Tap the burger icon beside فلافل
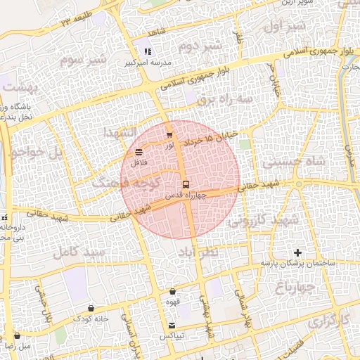pos(139,152)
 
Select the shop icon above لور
pos(169,135)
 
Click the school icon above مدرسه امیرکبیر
pos(148,51)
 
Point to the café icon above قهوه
pos(173,292)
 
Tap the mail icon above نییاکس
pos(173,325)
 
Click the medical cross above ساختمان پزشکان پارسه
pos(297,252)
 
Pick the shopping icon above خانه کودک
pos(91,308)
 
